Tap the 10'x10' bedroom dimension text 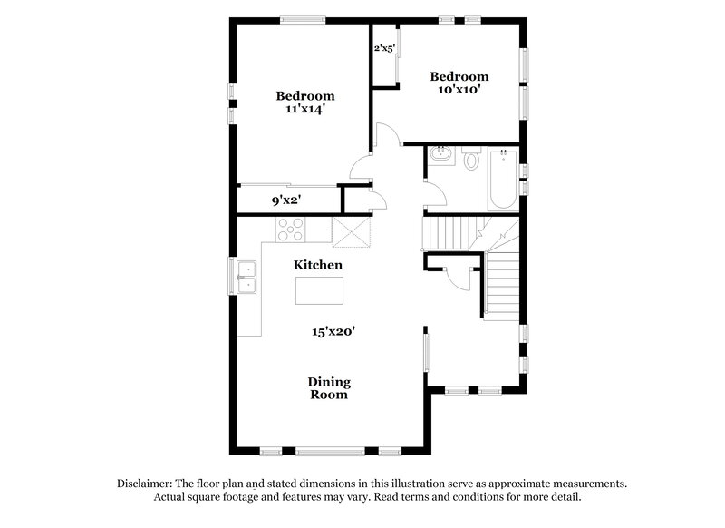point(459,90)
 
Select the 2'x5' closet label point(384,49)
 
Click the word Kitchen point(317,265)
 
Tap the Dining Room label point(330,388)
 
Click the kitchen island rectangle point(319,291)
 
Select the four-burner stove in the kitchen point(291,229)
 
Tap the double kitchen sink point(246,277)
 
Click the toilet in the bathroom point(470,161)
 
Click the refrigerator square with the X point(352,231)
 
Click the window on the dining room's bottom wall point(330,451)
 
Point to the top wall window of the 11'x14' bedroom point(303,18)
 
